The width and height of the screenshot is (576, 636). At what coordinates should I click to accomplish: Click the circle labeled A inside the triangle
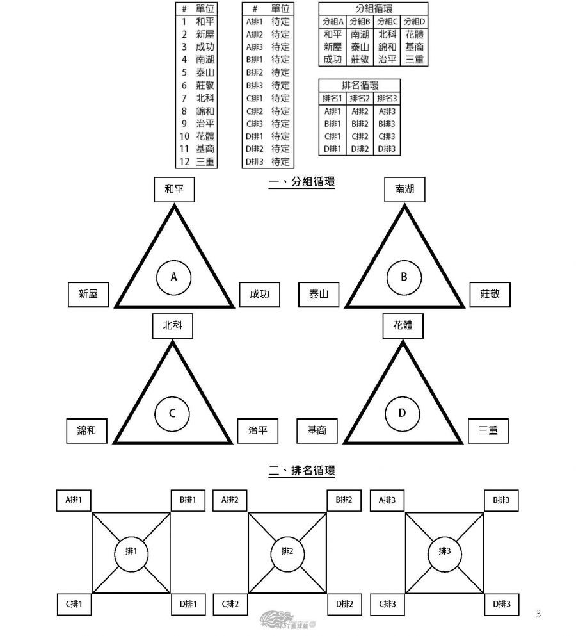coord(173,277)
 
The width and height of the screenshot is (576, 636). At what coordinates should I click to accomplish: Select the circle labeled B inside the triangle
coord(404,277)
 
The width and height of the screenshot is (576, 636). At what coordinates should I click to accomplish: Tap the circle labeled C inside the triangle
coord(172,413)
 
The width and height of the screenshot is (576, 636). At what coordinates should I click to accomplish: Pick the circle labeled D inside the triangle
coord(403,413)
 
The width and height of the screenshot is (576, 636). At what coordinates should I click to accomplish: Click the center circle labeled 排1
coord(131,551)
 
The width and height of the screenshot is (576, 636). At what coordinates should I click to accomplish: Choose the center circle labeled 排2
coord(287,551)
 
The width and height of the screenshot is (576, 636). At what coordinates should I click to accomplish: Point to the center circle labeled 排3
coord(444,551)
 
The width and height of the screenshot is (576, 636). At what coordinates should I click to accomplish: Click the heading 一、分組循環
coord(302,183)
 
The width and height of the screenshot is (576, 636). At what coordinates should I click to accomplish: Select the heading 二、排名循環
coord(302,471)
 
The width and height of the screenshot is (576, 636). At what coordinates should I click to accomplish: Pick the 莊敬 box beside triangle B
coord(490,295)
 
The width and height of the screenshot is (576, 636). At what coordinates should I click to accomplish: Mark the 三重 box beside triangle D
coord(488,431)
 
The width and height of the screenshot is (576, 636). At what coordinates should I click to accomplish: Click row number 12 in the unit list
coord(185,161)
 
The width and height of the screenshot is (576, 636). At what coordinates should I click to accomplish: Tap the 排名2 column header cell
coord(360,98)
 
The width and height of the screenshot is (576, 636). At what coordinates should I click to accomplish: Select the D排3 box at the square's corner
coord(501,603)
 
